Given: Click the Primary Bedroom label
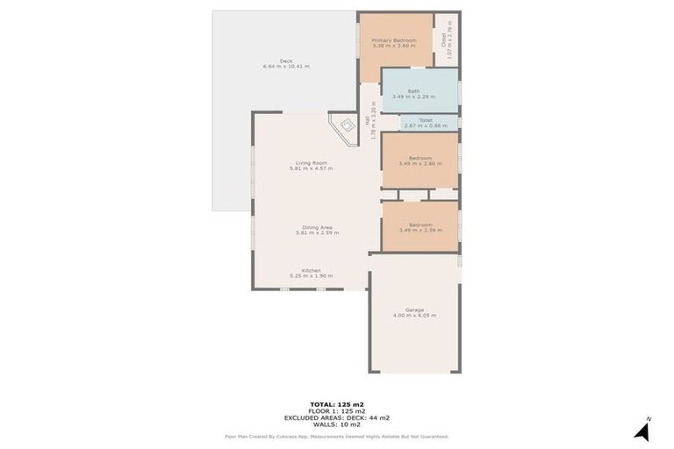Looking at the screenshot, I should pos(393,40).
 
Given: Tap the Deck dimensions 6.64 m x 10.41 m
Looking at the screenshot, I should pos(286,67).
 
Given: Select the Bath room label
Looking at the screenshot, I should pos(413,91).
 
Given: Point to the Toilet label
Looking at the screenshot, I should pos(426,120).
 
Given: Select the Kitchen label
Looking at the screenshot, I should pos(312,270).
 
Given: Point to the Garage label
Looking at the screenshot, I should pos(415,310).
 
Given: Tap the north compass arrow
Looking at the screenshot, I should pos(642,430).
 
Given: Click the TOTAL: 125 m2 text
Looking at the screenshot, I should pos(337,404).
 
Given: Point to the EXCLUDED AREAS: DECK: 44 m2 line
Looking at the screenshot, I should pos(337,417).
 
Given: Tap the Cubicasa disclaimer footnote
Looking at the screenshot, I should pos(337,436).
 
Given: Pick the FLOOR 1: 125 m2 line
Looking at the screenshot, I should pos(337,411).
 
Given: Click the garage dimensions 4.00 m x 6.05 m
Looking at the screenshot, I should pos(415,315).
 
